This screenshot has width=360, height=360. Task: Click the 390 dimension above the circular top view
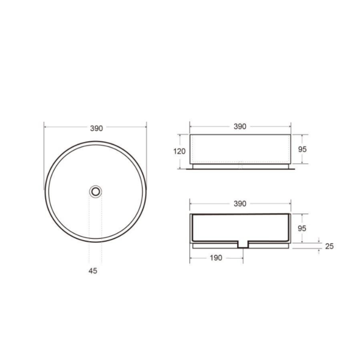click(97, 128)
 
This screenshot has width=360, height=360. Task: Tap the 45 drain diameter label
click(93, 271)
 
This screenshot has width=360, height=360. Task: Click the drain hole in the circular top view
click(95, 191)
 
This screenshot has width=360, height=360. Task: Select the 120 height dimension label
click(179, 151)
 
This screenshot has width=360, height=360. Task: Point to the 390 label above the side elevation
click(240, 127)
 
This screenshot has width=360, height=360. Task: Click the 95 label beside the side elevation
click(302, 149)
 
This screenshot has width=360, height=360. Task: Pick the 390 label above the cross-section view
click(240, 203)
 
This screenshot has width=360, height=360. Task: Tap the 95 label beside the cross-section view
click(302, 228)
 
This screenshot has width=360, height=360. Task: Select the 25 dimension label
click(329, 246)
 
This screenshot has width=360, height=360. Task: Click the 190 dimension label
click(216, 258)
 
